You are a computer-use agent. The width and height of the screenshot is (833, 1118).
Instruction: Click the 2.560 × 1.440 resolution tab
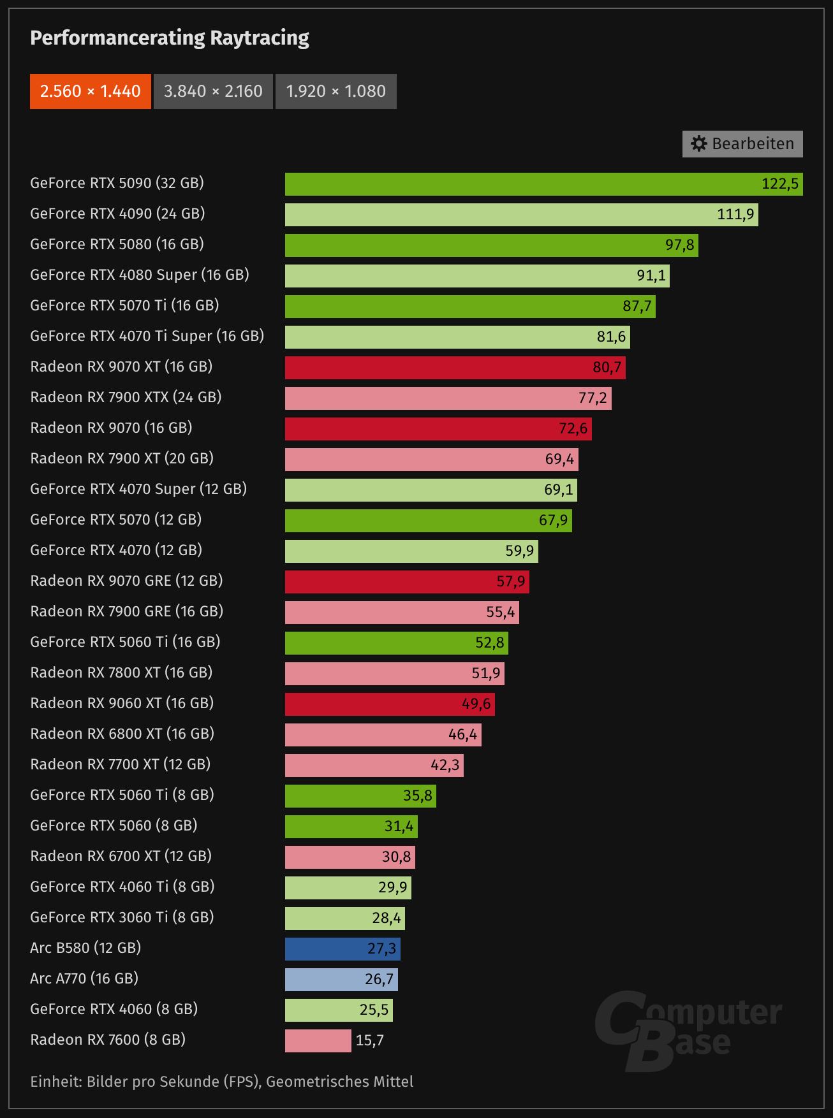tap(90, 91)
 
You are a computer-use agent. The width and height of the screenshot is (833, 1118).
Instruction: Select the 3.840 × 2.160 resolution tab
tap(213, 91)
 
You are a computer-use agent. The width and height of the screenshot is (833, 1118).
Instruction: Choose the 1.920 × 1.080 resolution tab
tap(335, 91)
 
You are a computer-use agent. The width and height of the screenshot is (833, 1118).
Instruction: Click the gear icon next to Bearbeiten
tap(699, 144)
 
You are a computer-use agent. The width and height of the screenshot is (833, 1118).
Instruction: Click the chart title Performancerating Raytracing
tap(170, 38)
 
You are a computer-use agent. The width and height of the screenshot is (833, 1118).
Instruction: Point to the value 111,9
tap(735, 214)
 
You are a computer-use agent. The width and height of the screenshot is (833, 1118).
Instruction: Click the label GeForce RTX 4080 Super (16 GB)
tap(140, 275)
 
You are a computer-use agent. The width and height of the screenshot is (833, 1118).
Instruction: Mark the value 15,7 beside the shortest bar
tap(370, 1041)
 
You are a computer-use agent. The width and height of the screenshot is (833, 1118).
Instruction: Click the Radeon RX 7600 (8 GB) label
tap(108, 1040)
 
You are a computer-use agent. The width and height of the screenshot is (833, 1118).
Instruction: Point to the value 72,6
tap(573, 428)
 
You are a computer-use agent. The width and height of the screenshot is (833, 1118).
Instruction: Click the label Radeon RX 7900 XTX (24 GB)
tap(126, 398)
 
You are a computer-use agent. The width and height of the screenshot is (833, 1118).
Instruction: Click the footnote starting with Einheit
tap(222, 1082)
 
